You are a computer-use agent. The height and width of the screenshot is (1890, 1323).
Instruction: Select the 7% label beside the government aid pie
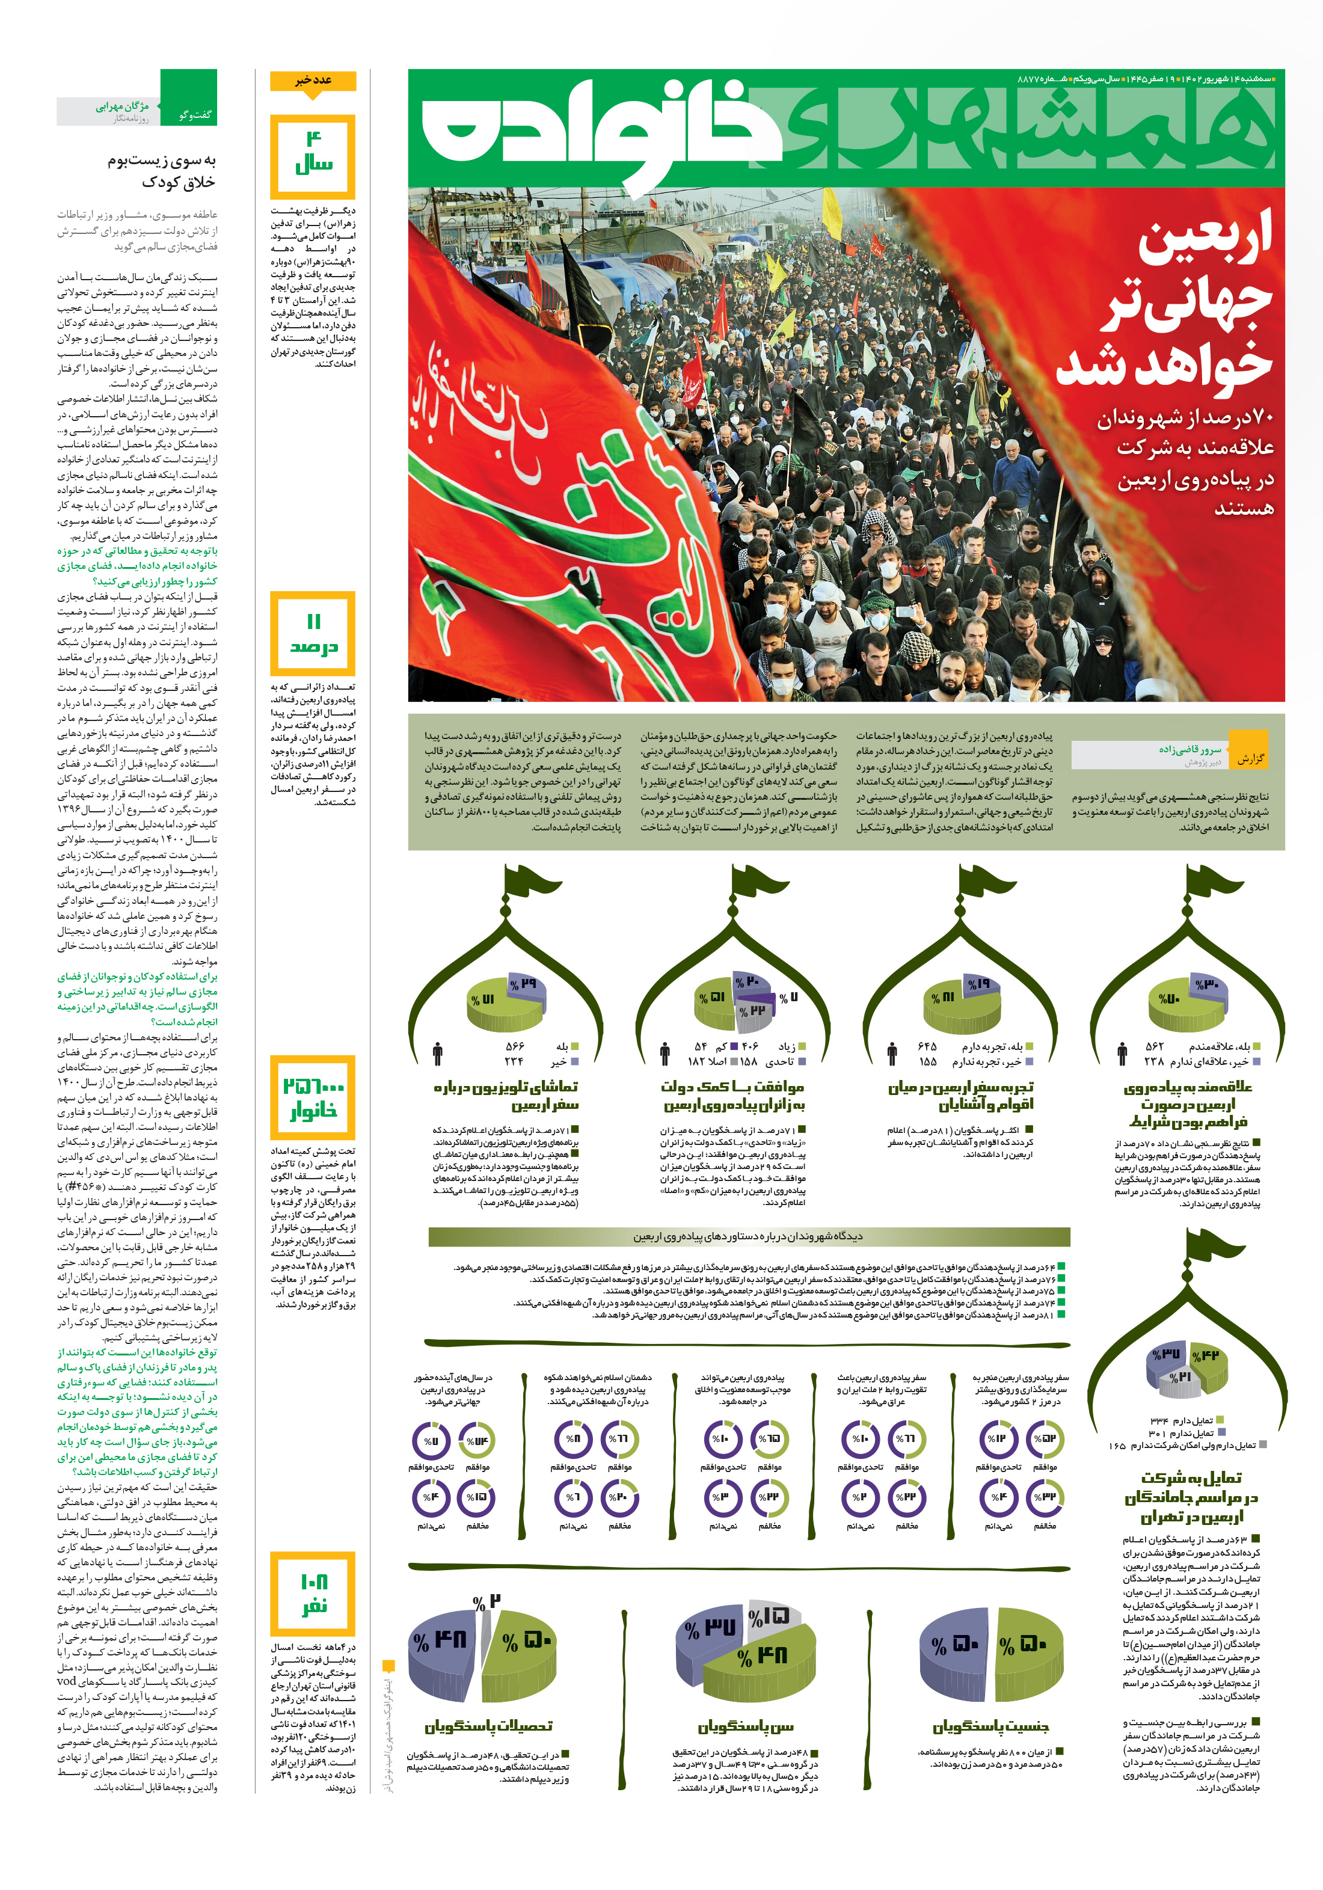pyautogui.click(x=788, y=998)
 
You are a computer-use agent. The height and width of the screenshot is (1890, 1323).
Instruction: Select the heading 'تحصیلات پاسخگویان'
pyautogui.click(x=489, y=1726)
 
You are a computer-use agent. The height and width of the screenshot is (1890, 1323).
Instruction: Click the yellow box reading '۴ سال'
pyautogui.click(x=313, y=156)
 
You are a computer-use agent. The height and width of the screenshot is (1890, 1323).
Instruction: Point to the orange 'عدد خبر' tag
pyautogui.click(x=313, y=81)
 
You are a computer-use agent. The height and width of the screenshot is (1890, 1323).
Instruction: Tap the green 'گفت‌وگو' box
pyautogui.click(x=189, y=98)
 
